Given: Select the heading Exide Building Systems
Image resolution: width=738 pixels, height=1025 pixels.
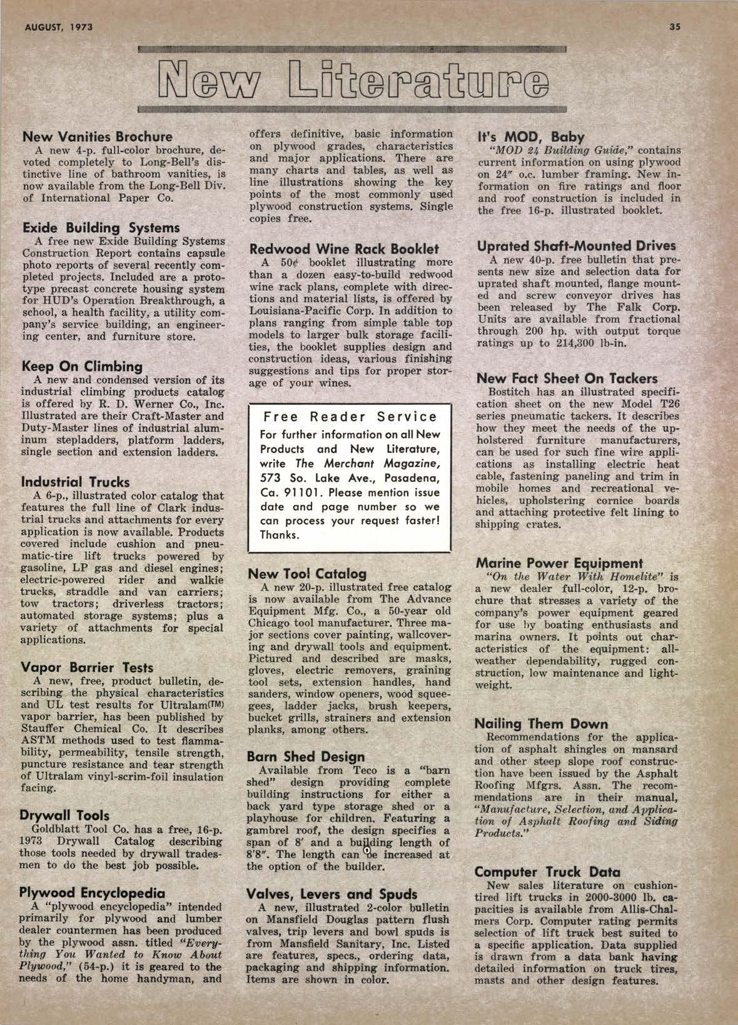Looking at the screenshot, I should tap(101, 228).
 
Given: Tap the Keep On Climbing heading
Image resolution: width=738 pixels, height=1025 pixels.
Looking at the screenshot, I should tap(82, 366).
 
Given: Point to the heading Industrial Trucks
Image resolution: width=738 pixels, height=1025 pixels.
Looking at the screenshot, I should tap(76, 482).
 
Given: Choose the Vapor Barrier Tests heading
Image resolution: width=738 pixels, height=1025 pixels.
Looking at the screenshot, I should tap(87, 667).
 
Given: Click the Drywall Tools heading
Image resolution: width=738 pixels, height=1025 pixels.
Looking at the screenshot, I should tap(64, 815).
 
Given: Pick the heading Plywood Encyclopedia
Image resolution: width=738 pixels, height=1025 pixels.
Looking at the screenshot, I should tap(93, 892).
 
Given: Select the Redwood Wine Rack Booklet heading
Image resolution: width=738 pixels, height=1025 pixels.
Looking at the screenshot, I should tap(344, 248).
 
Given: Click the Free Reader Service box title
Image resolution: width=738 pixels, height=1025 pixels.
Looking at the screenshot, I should tap(350, 416).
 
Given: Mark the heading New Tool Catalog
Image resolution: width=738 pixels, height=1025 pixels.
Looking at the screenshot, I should tap(308, 573).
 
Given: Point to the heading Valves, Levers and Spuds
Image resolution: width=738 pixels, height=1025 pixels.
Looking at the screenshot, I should tap(331, 894).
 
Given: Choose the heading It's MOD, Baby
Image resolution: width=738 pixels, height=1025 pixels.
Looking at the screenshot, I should tap(530, 137).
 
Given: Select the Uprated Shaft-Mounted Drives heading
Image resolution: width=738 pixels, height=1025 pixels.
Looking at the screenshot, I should tap(576, 246).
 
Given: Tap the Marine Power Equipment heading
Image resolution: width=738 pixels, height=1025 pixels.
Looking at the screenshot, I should tap(559, 562).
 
